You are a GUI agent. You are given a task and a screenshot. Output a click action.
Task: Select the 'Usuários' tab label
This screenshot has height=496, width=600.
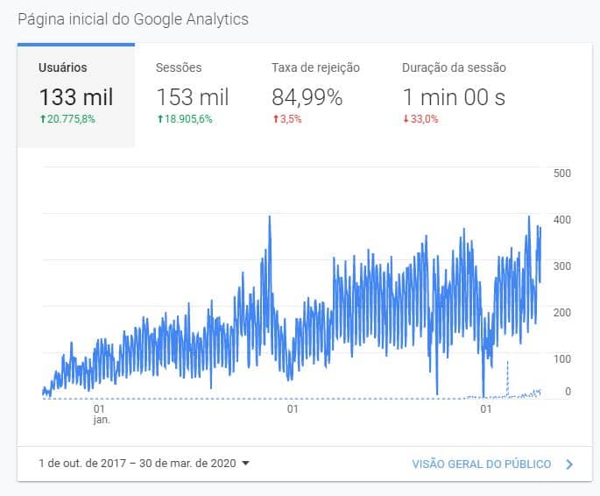(63, 67)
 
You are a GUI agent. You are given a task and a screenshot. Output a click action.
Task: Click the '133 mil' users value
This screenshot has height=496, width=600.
(76, 97)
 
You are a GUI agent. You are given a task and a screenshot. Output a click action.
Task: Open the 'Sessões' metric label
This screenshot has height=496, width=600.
(179, 67)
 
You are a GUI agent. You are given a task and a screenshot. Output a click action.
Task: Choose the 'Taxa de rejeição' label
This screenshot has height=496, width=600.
(315, 67)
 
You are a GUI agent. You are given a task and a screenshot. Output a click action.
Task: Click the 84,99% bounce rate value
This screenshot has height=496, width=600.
(307, 97)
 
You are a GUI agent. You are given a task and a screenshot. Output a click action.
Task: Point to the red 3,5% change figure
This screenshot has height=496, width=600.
(287, 119)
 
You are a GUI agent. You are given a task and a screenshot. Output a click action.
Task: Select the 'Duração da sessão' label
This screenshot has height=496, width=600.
(454, 67)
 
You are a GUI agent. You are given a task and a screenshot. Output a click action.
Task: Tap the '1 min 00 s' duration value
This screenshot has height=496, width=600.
(454, 97)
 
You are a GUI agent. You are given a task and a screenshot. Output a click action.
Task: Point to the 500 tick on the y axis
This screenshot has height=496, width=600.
(562, 173)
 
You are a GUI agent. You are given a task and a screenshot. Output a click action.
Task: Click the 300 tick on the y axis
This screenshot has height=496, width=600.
(562, 266)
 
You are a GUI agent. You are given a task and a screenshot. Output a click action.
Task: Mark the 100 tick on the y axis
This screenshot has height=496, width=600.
(562, 358)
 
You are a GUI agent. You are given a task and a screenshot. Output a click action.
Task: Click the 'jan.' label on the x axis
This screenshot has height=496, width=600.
(100, 420)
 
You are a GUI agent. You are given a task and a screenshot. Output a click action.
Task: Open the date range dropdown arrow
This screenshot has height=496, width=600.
(245, 464)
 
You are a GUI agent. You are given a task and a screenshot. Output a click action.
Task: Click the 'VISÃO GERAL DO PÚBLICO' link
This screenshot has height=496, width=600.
(481, 464)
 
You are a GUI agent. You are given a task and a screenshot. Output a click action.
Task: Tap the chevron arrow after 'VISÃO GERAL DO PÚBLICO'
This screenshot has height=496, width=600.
(569, 464)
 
